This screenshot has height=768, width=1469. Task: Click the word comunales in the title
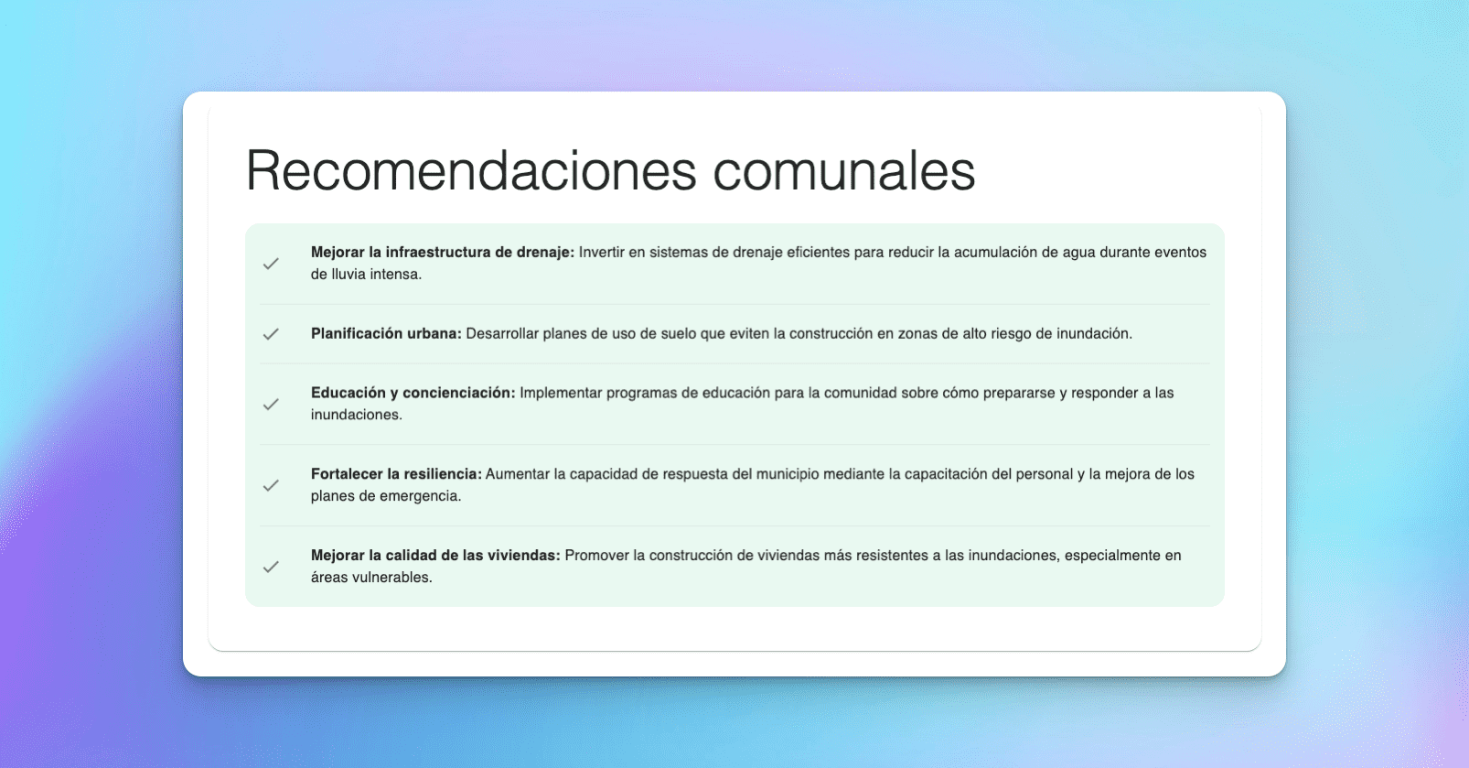[x=843, y=171]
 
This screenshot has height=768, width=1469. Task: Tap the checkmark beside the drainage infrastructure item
[x=271, y=264]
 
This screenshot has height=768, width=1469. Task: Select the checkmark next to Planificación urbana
[x=271, y=334]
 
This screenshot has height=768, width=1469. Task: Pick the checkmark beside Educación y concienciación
[x=271, y=405]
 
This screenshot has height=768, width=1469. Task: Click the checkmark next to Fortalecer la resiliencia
[x=271, y=485]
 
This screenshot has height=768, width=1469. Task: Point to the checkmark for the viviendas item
[x=271, y=567]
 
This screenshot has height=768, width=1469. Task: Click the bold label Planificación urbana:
[x=386, y=334]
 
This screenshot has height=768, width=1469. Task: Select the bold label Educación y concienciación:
[x=413, y=393]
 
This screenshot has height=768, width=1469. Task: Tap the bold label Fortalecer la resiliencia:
[x=395, y=474]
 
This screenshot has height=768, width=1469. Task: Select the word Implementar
[x=561, y=393]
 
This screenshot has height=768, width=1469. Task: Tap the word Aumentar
[x=518, y=474]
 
